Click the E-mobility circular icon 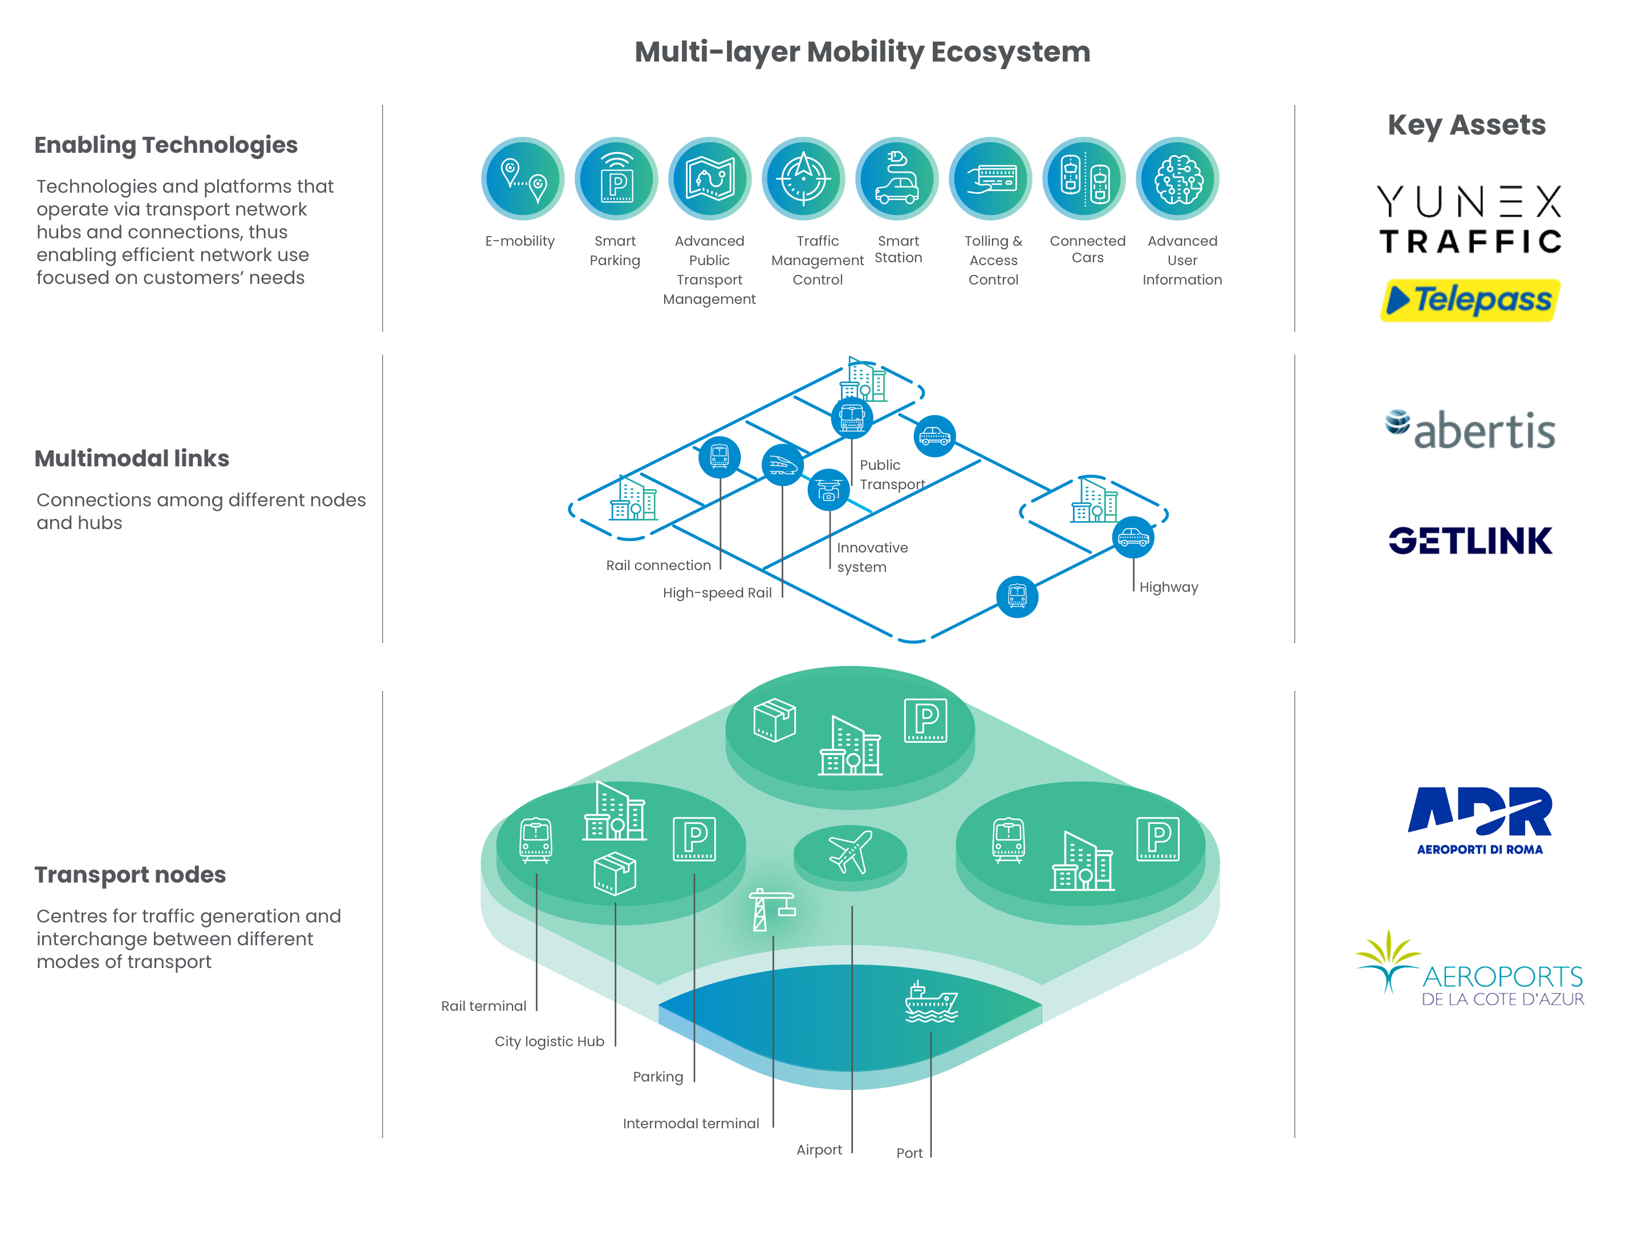click(523, 179)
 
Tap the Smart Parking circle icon click(616, 179)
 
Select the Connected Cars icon click(1084, 179)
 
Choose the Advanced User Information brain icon click(1177, 179)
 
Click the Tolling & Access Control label click(993, 260)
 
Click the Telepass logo click(1470, 300)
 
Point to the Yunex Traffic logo click(1470, 219)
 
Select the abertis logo click(1470, 430)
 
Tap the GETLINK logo click(1470, 540)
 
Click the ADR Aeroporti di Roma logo click(1480, 820)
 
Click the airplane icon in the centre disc click(850, 852)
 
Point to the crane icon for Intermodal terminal click(770, 910)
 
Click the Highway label click(1168, 587)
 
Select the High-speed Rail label click(717, 593)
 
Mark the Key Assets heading click(1466, 125)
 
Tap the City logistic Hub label click(549, 1042)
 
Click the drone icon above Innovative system click(828, 490)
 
